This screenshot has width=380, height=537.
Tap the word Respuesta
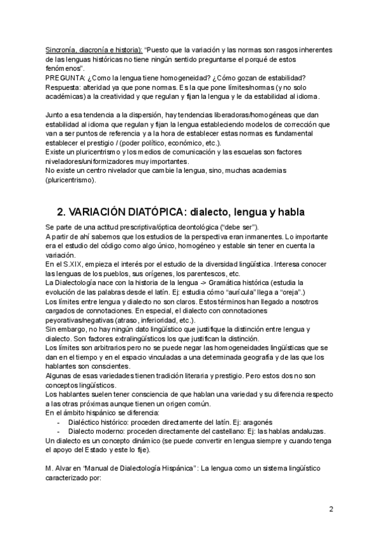click(65, 87)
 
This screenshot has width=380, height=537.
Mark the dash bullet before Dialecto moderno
click(59, 431)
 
